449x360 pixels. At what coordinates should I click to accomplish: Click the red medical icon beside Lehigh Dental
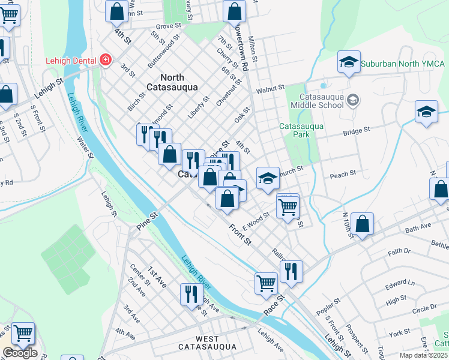point(106,60)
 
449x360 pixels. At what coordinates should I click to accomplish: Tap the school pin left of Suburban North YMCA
point(349,62)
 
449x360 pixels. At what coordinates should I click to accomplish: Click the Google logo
point(20,353)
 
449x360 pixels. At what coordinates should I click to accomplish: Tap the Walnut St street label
point(270,89)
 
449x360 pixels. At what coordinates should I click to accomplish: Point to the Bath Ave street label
point(418,229)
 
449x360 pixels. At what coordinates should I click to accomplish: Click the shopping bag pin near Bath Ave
point(363,225)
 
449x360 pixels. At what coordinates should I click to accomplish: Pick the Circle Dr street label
point(424,308)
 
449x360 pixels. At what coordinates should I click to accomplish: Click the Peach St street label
point(343,173)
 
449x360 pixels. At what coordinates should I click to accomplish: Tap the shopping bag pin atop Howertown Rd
point(234,11)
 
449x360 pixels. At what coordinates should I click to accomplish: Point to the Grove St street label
point(168,26)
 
